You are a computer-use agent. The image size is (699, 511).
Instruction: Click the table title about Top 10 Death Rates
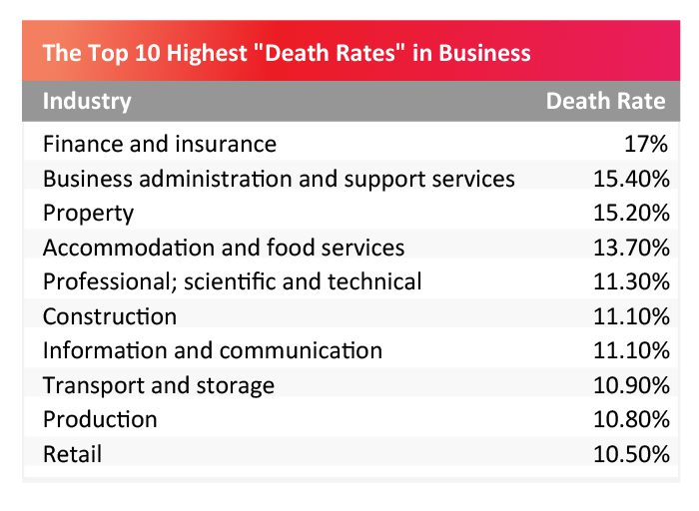[287, 53]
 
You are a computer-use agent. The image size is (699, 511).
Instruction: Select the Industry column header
[87, 101]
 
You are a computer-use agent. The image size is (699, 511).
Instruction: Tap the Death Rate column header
[605, 101]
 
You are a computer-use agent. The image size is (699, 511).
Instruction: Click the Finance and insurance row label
[160, 144]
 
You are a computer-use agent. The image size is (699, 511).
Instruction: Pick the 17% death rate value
[645, 144]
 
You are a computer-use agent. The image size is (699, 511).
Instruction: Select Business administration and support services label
[279, 179]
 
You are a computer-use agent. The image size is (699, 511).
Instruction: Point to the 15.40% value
[629, 179]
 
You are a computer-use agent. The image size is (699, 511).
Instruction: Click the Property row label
[88, 214]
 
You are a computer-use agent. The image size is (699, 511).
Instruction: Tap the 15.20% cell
[629, 214]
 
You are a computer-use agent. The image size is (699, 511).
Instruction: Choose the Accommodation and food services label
[224, 248]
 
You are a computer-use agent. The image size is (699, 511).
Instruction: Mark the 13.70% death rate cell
[629, 248]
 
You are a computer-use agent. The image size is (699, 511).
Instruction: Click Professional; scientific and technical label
[233, 282]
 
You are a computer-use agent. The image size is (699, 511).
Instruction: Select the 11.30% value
[629, 282]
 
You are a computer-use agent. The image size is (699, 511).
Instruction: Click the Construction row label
[110, 317]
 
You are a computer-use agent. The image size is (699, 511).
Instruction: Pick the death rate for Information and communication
[629, 350]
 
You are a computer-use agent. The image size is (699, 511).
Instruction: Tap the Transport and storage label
[159, 385]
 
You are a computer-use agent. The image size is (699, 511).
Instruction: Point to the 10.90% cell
[629, 385]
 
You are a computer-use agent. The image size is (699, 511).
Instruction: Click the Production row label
[100, 420]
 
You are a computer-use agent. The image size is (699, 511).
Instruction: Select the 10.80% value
[629, 420]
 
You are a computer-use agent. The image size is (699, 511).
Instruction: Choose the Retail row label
[72, 455]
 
